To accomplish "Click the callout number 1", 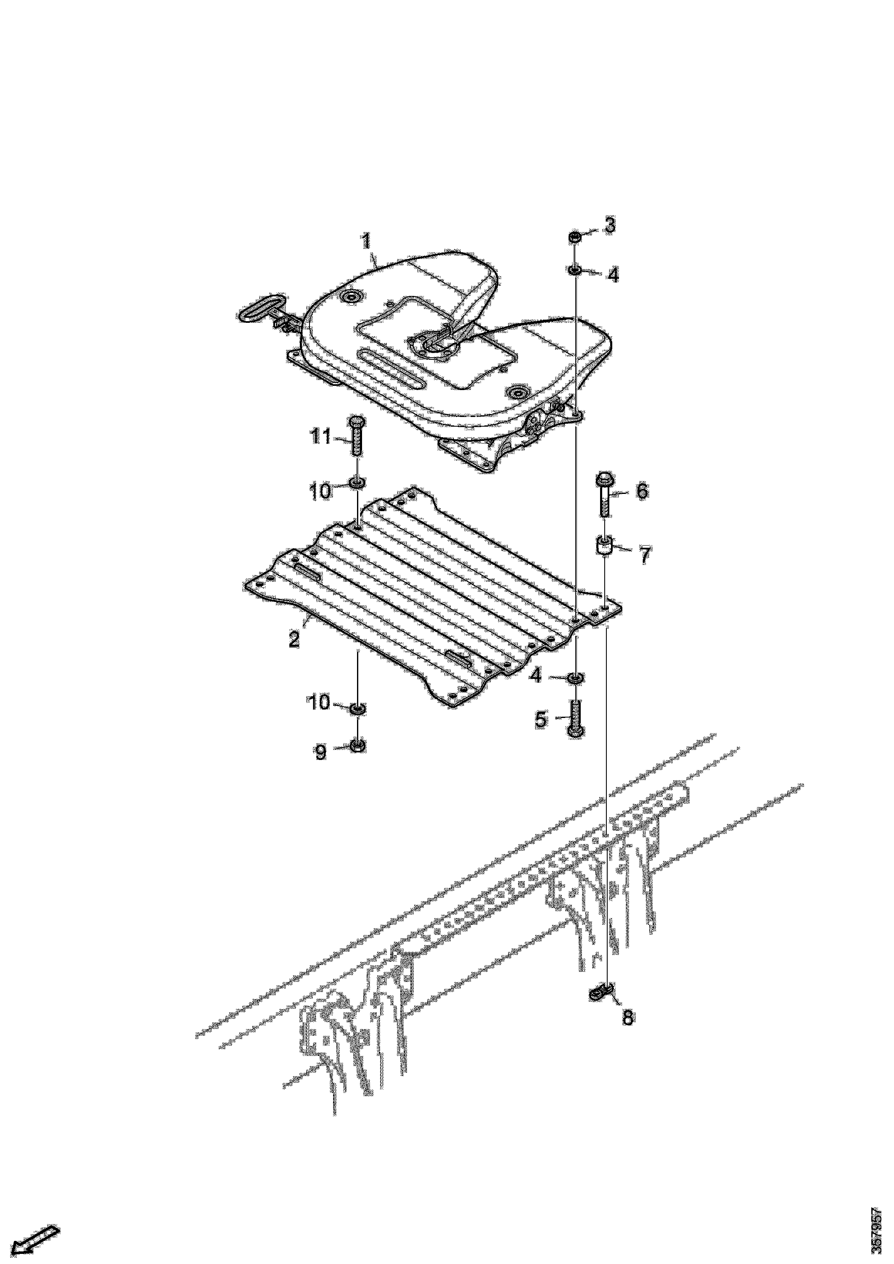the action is tap(366, 242).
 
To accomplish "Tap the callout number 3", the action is tap(609, 225).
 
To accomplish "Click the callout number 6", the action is tap(642, 491).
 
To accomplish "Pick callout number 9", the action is tap(320, 752).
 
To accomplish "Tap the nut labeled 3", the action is tap(574, 238).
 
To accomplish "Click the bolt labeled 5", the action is tap(574, 717).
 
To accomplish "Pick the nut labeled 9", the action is tap(357, 747).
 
